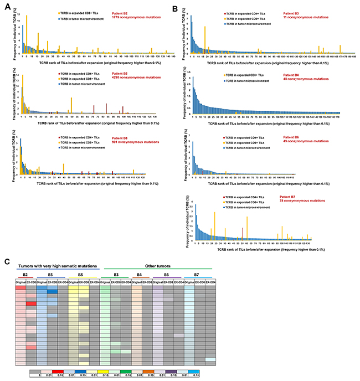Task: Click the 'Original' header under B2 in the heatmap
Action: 21,282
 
